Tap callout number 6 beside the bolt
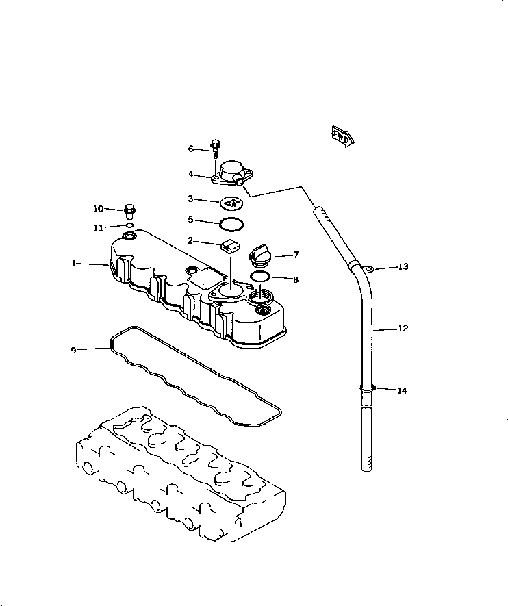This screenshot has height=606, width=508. [192, 149]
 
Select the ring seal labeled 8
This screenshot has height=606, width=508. [259, 277]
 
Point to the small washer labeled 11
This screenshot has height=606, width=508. [129, 224]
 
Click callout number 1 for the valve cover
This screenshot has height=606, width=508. [74, 263]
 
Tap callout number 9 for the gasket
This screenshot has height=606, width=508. [73, 350]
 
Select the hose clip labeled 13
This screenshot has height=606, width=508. [368, 268]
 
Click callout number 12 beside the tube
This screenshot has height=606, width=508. [403, 329]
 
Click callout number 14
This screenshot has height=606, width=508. [402, 390]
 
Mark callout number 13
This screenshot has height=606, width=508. [403, 266]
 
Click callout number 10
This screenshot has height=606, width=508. [99, 208]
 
